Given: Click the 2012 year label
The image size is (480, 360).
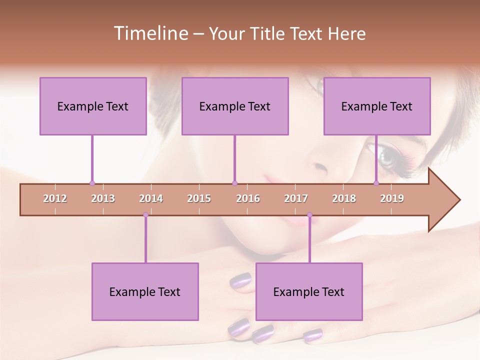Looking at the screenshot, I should point(55,198).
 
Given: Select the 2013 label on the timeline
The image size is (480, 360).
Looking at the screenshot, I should point(103,198).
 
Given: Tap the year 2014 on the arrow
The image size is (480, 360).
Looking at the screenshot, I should point(151,198).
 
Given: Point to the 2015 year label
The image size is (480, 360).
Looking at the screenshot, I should point(199,198).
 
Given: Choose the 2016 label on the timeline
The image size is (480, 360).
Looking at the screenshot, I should point(248,198).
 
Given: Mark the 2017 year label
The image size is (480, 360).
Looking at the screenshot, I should point(296,198).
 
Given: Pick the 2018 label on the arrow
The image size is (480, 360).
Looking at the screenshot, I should point(344,198).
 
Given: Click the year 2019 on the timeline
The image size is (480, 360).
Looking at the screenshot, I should point(392,198).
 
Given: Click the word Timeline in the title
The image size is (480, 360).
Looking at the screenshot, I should point(150,33).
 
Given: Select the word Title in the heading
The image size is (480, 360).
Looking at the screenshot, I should point(269,33).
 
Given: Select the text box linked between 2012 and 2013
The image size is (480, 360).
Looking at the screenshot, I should point(93,106).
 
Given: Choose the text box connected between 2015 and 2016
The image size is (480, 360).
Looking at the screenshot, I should point(235,106).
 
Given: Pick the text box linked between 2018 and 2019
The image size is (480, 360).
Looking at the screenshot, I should point(377,106).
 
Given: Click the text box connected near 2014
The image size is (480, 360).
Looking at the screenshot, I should point(145,291).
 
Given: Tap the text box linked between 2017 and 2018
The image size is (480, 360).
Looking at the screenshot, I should point(309,291).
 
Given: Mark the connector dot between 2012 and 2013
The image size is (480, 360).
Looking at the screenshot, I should point(92,183).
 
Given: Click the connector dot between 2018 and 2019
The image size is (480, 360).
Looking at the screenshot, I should point(376,183).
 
